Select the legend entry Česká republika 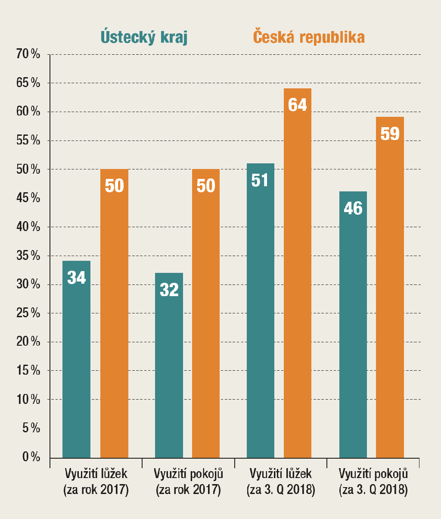309,37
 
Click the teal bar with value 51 260,310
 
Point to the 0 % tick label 31,457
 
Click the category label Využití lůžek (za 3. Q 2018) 280,482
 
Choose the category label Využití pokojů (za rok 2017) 188,482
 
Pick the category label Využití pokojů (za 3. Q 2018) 373,482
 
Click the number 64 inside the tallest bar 297,105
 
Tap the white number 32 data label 169,290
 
